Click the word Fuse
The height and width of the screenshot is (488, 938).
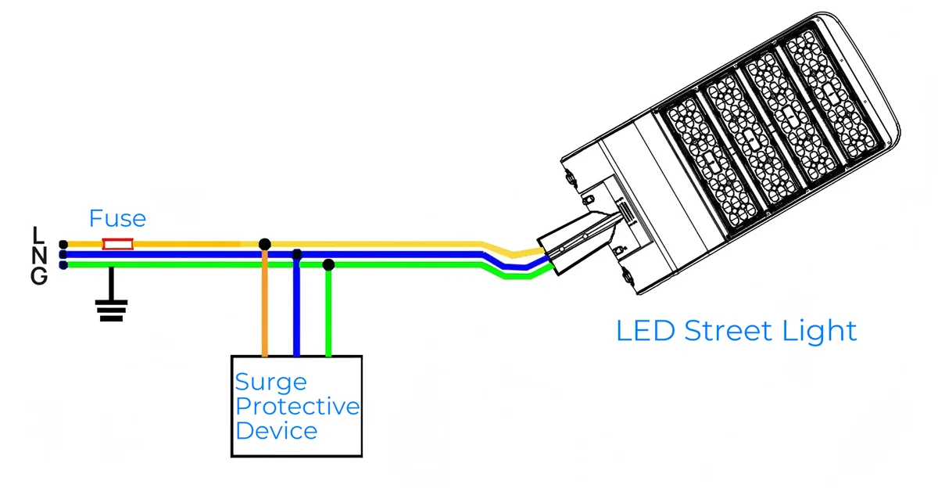[117, 217]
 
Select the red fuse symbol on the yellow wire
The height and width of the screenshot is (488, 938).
[118, 245]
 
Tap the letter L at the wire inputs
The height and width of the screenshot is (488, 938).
[39, 234]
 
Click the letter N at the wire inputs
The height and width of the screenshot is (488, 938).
[40, 254]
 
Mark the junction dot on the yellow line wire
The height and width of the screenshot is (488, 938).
[265, 245]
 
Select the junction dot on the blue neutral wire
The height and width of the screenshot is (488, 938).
[296, 254]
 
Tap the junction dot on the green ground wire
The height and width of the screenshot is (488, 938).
[329, 265]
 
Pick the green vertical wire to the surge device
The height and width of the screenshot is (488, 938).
[329, 313]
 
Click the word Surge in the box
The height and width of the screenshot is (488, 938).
[271, 383]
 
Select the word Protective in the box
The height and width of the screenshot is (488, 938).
[298, 407]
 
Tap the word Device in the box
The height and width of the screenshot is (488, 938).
[277, 431]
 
